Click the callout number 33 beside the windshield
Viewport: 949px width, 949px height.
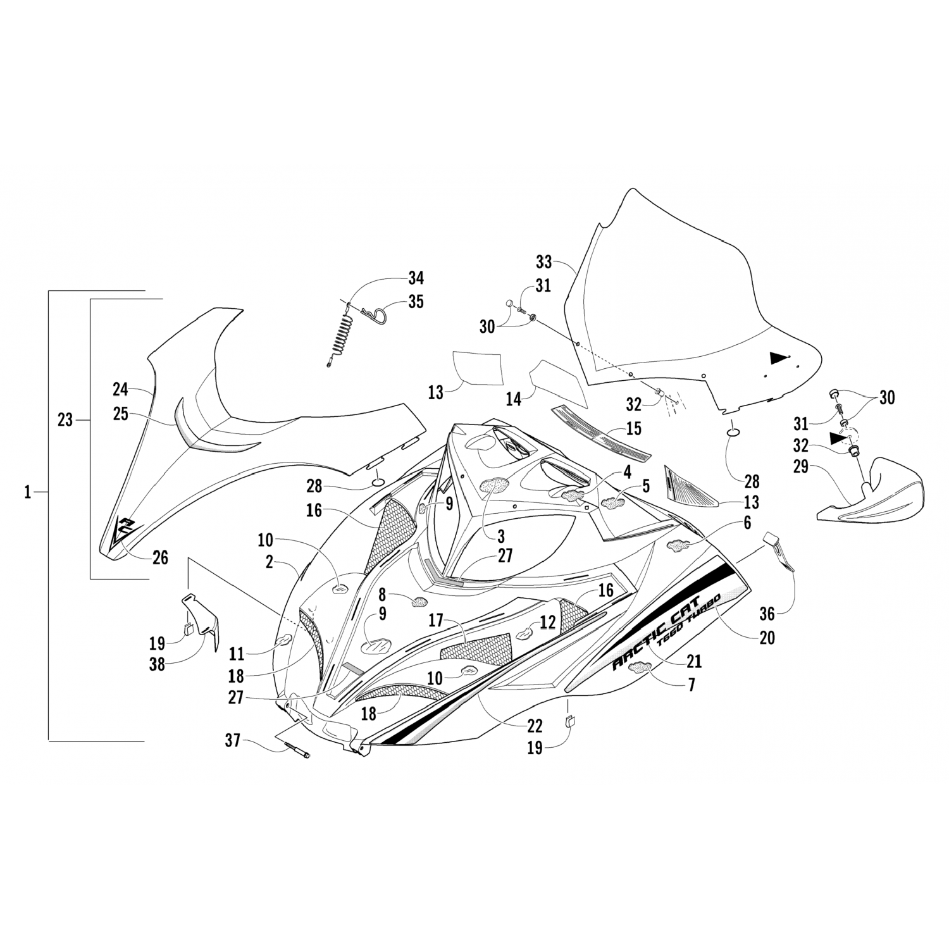543,261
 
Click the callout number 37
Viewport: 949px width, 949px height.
233,740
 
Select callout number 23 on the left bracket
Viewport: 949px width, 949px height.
66,419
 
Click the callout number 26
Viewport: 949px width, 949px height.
160,558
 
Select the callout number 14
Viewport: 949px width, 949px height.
513,399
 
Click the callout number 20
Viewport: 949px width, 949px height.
767,638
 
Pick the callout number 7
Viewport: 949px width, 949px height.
692,685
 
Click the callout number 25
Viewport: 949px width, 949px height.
120,414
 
